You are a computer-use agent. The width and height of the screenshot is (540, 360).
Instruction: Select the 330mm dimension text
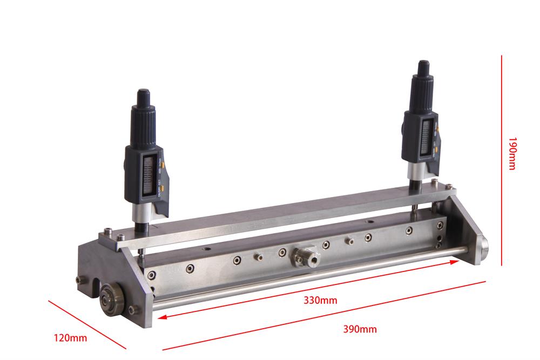point(320,300)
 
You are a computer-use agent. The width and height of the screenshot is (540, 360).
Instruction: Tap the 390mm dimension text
point(360,329)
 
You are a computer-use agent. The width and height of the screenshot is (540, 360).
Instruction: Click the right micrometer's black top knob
point(423,70)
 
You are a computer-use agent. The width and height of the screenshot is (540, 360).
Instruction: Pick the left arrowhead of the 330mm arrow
point(161,318)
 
